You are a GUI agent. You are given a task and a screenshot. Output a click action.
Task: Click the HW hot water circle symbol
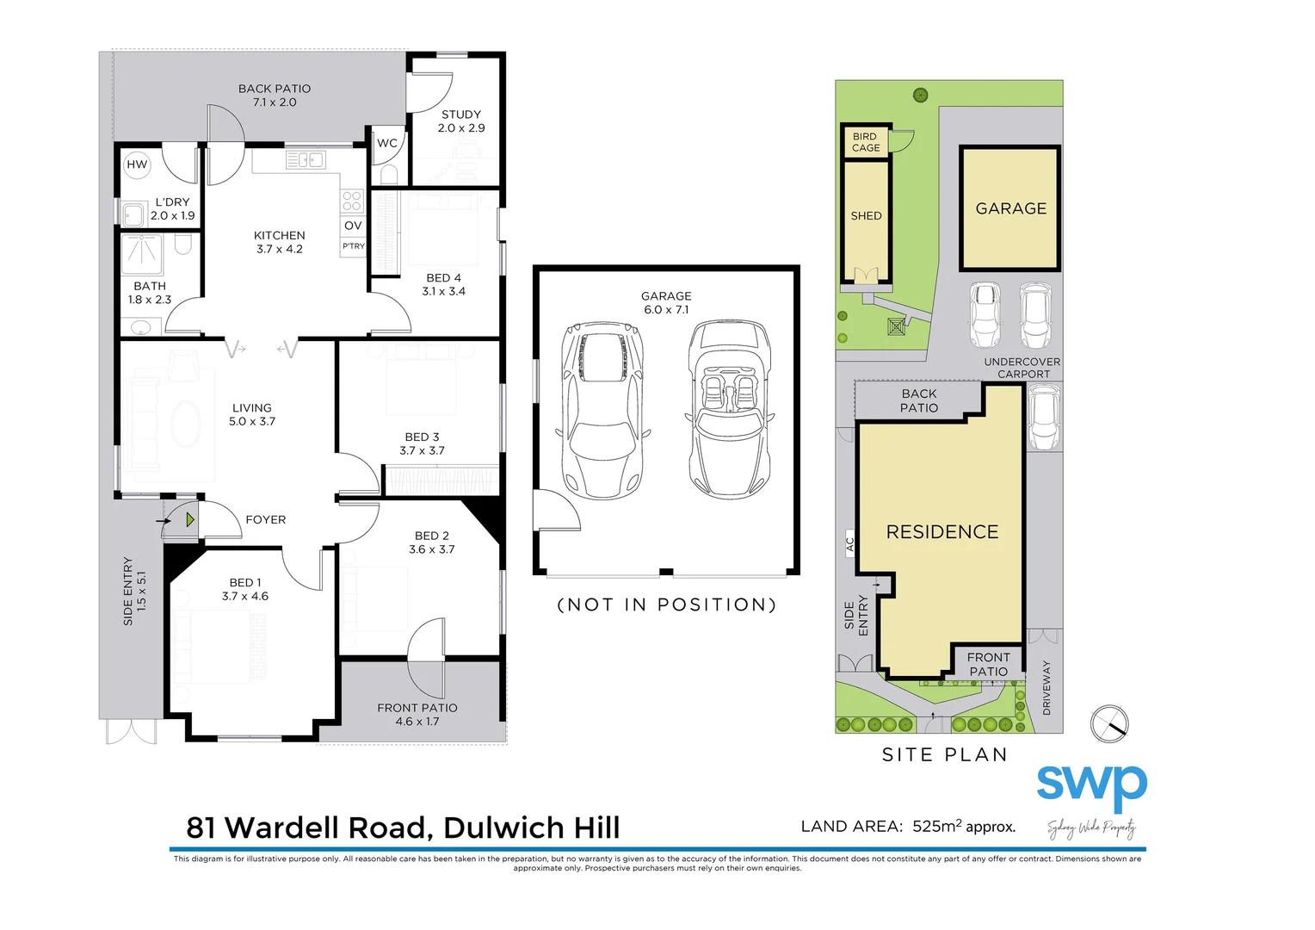pos(137,164)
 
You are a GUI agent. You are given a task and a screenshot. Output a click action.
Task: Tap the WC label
pos(387,143)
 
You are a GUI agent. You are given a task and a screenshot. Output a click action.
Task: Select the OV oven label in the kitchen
pos(353,226)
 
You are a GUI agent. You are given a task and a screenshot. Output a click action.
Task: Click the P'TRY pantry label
pos(354,246)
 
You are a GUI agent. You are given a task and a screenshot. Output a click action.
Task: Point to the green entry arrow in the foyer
pos(189,520)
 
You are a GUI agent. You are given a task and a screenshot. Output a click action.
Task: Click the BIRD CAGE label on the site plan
pos(866,142)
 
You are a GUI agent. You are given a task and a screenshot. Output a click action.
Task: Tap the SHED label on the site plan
pos(866,216)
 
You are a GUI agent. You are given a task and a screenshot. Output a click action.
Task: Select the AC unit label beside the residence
pos(850,544)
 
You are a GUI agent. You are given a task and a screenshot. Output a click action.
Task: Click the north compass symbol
pos(1109,724)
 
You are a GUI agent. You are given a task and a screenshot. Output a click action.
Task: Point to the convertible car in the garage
pos(729,410)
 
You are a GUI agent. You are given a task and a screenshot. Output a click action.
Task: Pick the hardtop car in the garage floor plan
pos(602,410)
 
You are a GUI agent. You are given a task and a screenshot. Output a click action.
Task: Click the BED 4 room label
pos(443,284)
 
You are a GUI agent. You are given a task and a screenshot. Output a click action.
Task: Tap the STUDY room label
pos(461,121)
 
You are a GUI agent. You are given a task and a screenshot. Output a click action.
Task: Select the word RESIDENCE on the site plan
pos(942,532)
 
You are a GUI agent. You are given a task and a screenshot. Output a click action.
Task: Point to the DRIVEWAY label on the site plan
pos(1046,687)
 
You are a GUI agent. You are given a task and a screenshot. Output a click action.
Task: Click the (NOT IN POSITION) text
pos(667,604)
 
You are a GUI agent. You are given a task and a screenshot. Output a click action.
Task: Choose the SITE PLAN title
pos(944,755)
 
